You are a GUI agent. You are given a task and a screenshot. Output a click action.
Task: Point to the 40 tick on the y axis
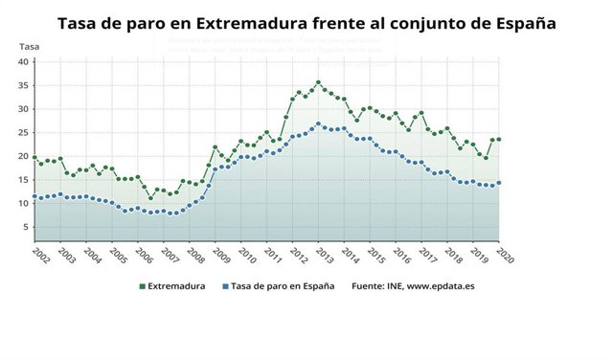24,62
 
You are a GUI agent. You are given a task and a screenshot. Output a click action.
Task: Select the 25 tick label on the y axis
24,133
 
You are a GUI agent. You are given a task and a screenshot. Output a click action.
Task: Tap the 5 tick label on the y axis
27,227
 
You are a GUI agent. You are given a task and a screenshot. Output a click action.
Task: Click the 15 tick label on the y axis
24,180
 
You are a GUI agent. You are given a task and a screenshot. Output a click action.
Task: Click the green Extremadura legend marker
143,285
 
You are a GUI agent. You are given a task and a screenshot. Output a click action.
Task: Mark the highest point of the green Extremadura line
318,82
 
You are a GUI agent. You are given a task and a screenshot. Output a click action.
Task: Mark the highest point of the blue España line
318,124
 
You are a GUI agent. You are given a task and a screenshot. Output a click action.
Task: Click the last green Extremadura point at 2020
499,140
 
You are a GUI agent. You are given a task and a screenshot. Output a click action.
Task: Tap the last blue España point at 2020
499,183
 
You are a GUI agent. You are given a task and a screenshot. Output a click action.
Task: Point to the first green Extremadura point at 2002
34,158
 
